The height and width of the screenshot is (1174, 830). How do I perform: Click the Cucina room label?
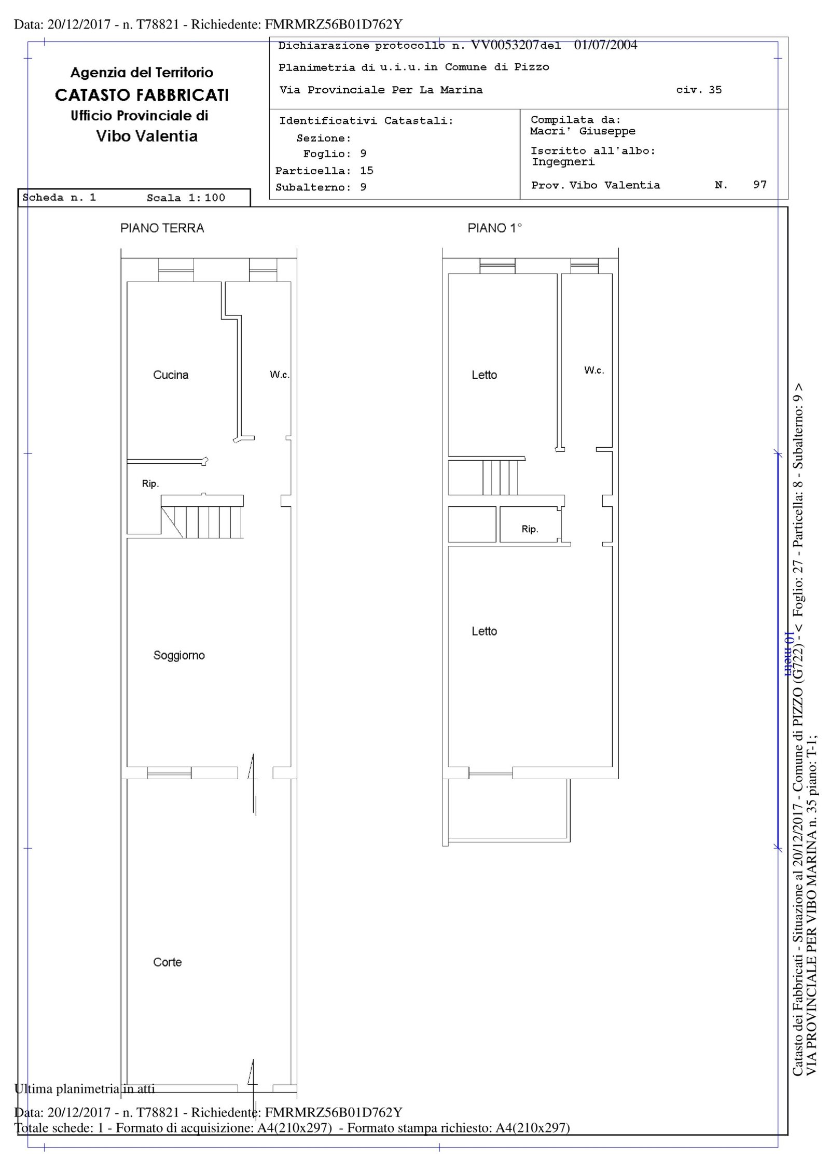[171, 375]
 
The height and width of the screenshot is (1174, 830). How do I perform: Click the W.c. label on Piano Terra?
[280, 375]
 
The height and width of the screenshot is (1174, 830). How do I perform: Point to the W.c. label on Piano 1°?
[594, 370]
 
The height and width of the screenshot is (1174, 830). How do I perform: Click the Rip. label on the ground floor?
[150, 484]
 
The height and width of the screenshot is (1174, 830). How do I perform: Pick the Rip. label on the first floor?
[530, 529]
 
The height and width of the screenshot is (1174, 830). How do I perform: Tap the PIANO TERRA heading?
[162, 228]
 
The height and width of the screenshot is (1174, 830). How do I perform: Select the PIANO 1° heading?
[494, 228]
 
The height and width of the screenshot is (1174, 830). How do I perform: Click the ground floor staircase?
[202, 517]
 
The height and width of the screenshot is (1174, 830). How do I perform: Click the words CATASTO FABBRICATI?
[142, 95]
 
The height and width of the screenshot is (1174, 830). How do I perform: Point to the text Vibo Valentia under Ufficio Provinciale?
[147, 136]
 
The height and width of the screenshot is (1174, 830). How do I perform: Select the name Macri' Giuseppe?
[583, 131]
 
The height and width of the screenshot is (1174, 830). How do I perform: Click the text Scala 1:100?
[186, 198]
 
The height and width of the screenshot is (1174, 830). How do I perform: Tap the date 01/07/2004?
[605, 45]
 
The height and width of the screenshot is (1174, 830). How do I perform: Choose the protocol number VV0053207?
[505, 45]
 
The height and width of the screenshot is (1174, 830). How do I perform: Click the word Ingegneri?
[563, 162]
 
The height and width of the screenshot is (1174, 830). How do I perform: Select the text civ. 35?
[699, 90]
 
